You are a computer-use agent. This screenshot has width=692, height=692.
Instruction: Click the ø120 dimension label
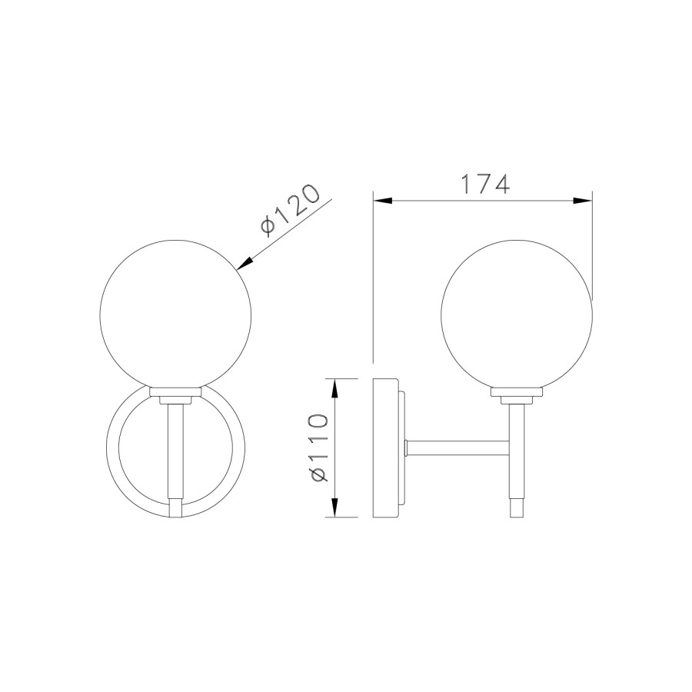click(289, 210)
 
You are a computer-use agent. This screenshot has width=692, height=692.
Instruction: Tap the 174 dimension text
click(484, 185)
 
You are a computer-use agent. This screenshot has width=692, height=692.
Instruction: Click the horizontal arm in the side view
click(458, 446)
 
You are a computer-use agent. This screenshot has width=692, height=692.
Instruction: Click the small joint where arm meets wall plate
click(407, 446)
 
